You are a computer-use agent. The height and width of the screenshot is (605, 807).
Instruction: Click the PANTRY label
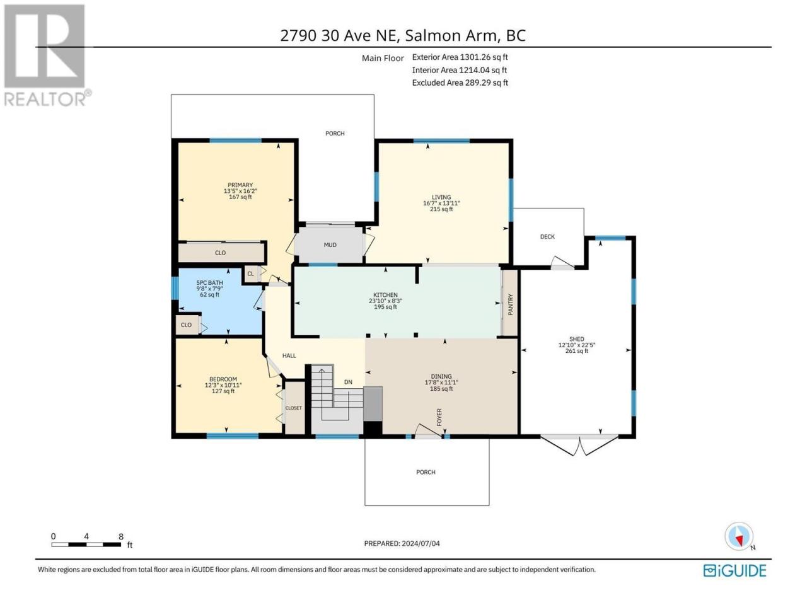(x=510, y=304)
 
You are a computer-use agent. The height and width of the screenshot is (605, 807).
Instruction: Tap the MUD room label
(x=330, y=245)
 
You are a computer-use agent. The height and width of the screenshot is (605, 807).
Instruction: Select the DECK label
(x=547, y=236)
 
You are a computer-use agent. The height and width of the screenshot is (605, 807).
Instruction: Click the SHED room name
(x=576, y=339)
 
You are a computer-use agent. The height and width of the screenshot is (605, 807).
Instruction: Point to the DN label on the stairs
(x=348, y=382)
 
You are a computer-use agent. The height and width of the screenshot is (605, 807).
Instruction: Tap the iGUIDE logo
(x=734, y=571)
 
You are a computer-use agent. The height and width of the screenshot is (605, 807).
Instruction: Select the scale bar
(x=86, y=544)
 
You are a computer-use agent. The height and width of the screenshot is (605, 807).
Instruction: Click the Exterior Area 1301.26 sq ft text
(x=460, y=57)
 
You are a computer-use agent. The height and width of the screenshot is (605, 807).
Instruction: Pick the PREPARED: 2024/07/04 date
(x=402, y=543)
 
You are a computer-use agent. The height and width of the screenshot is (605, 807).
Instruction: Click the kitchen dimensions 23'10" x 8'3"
(x=385, y=301)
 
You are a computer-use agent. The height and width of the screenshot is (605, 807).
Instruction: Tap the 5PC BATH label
(x=209, y=283)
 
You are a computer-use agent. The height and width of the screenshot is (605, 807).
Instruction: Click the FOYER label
(x=439, y=417)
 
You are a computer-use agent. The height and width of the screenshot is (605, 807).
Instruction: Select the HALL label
(x=289, y=355)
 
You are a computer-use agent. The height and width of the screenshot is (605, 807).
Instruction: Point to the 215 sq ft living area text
(x=441, y=209)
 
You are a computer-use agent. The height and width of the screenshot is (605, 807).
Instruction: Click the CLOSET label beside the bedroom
(x=293, y=408)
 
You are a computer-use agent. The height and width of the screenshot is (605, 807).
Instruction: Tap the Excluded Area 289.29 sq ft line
(x=460, y=83)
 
